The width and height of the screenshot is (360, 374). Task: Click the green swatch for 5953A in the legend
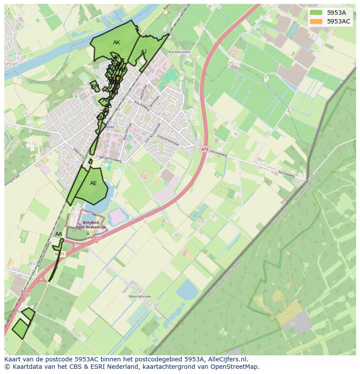tap(317, 13)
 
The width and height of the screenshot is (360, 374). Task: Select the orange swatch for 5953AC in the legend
tap(317, 21)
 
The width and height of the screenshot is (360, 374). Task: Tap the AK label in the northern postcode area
tap(116, 43)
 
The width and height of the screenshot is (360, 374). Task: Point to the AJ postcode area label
tap(143, 52)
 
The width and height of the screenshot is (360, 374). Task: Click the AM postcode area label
tap(95, 86)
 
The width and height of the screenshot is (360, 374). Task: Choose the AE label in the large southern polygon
tap(93, 183)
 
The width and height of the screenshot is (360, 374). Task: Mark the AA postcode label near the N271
tap(59, 234)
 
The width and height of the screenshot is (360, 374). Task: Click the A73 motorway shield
tap(205, 149)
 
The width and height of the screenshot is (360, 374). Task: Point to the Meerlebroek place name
tap(140, 296)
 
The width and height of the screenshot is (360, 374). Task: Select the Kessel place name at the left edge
tap(10, 64)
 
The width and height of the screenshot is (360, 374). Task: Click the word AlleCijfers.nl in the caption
tap(227, 359)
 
